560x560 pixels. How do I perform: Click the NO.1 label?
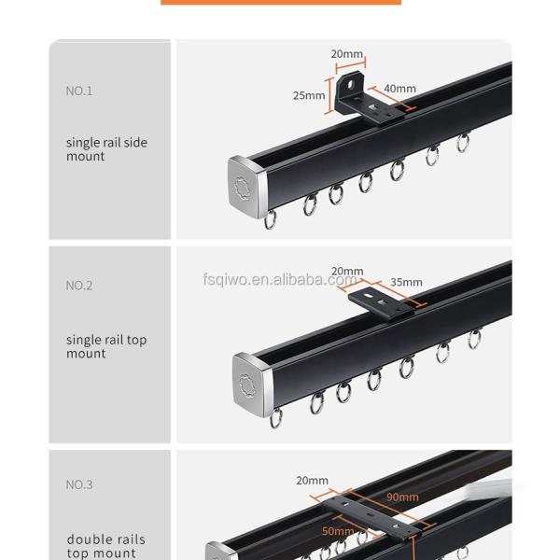click(x=79, y=91)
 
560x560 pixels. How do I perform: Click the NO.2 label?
click(x=79, y=286)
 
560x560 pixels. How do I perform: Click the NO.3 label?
click(x=79, y=484)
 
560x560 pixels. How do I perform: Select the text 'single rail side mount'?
click(x=106, y=149)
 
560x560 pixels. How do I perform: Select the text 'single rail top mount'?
click(x=106, y=346)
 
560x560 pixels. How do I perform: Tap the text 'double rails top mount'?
click(x=106, y=546)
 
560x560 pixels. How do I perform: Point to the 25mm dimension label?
click(x=309, y=95)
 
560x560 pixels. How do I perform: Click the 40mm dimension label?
click(x=399, y=89)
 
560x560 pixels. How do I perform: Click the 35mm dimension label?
click(x=406, y=282)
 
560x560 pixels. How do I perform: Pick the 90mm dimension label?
click(x=402, y=497)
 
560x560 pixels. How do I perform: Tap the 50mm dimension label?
click(x=338, y=530)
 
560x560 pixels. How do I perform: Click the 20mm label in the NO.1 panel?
click(x=347, y=54)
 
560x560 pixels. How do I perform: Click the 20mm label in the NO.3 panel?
click(x=313, y=481)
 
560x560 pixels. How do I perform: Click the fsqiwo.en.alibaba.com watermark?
click(x=279, y=279)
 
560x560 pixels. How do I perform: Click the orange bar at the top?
click(x=280, y=2)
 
